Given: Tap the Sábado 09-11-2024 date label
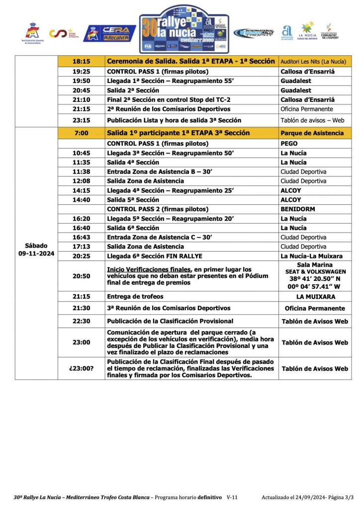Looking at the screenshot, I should [36, 250].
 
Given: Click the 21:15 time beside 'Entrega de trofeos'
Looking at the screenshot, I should [81, 297].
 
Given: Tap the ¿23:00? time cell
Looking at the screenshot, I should [81, 368].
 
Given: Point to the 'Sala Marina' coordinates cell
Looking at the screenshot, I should [315, 275].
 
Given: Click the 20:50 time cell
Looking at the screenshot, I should [81, 275].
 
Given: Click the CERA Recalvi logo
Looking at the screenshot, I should [110, 33].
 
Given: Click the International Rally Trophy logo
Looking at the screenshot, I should [254, 33].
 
